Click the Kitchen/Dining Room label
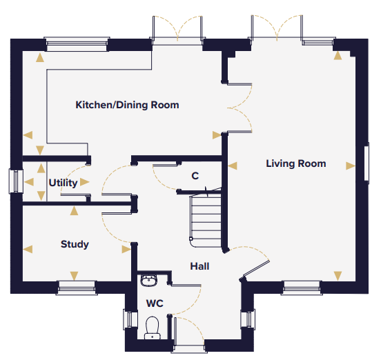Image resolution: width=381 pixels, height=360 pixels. (127, 105)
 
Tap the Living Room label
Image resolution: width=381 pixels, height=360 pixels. (296, 163)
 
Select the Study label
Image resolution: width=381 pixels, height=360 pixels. (75, 244)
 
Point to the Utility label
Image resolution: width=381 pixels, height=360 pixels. (63, 183)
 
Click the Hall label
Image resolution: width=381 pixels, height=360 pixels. (199, 266)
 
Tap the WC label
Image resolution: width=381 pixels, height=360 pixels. (155, 303)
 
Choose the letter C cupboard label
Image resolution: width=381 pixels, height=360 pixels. (195, 176)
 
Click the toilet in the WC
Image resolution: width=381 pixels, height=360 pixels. (153, 328)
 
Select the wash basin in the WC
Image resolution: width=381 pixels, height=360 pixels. (148, 281)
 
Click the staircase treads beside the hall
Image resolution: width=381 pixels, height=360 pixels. (206, 221)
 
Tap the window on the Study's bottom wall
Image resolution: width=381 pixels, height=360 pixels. (77, 288)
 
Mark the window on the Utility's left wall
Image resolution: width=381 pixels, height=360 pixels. (16, 181)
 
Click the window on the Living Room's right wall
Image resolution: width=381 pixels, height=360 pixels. (367, 161)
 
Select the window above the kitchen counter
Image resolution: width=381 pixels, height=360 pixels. (77, 44)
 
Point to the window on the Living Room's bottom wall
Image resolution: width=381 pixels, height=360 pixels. (302, 288)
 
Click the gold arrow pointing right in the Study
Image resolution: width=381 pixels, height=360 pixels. (126, 249)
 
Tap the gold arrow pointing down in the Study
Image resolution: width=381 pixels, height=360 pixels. (74, 276)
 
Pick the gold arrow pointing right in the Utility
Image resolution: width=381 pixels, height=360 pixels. (85, 182)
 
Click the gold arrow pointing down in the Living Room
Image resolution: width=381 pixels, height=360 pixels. (338, 276)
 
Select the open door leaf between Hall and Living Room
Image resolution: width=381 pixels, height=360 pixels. (256, 269)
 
